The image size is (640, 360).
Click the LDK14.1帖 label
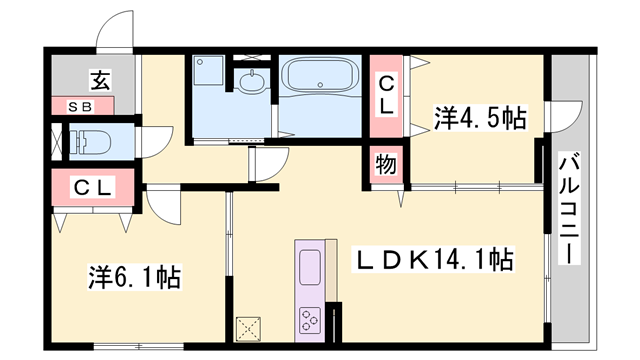click(436, 262)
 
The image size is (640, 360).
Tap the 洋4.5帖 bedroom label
click(480, 117)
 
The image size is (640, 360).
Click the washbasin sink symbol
click(250, 84)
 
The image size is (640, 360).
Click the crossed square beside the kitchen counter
click(248, 328)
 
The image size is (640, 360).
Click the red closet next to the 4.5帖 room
click(385, 97)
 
